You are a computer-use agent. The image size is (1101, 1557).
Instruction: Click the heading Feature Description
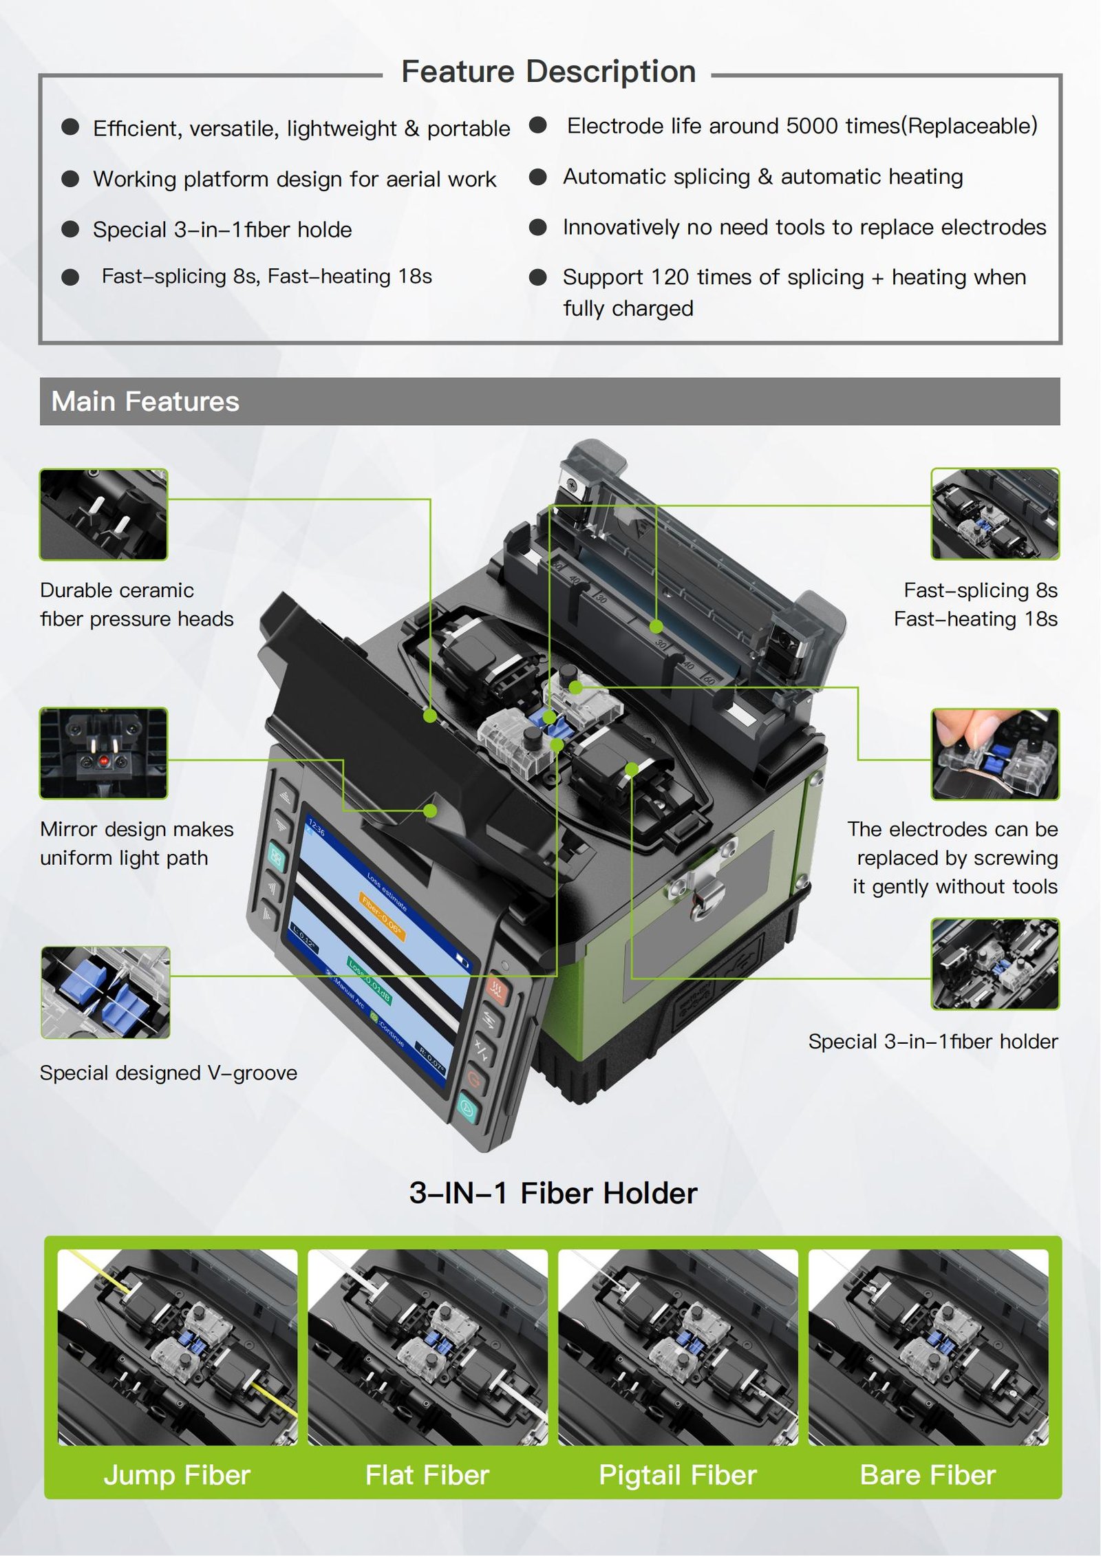pyautogui.click(x=548, y=72)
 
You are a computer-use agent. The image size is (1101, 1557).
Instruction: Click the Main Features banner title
pyautogui.click(x=145, y=401)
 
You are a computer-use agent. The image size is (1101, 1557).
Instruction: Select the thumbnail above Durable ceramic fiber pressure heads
pyautogui.click(x=103, y=514)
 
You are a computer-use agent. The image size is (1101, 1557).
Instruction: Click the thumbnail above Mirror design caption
pyautogui.click(x=103, y=753)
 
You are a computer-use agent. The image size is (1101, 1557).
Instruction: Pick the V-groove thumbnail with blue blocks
pyautogui.click(x=105, y=992)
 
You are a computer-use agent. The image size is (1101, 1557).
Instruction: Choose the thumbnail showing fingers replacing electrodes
pyautogui.click(x=995, y=754)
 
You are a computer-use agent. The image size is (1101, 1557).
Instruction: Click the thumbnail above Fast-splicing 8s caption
pyautogui.click(x=995, y=514)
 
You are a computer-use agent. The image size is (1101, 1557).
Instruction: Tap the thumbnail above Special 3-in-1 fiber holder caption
pyautogui.click(x=995, y=964)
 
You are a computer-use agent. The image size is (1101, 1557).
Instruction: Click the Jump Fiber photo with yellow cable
pyautogui.click(x=178, y=1347)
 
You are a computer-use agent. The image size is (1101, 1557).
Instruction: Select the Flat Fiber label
pyautogui.click(x=427, y=1475)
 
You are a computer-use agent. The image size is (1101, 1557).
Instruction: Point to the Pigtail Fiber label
pyautogui.click(x=678, y=1475)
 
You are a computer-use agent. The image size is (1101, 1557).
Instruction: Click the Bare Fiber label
pyautogui.click(x=928, y=1475)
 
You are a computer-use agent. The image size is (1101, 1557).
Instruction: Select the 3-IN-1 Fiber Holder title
pyautogui.click(x=553, y=1193)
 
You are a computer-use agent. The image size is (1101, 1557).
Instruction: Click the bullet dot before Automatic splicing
pyautogui.click(x=537, y=177)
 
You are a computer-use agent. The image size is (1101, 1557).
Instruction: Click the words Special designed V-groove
pyautogui.click(x=169, y=1073)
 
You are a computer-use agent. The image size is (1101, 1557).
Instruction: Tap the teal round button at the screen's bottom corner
pyautogui.click(x=467, y=1107)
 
